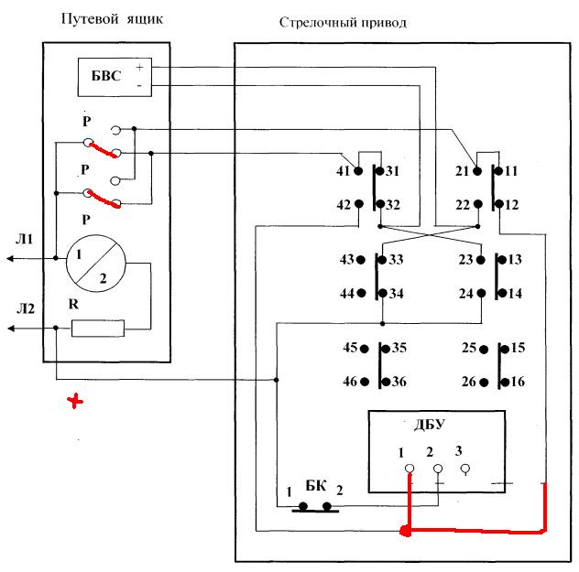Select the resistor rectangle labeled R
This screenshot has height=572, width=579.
click(98, 328)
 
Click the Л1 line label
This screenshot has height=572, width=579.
click(25, 240)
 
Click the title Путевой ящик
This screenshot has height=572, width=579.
click(111, 19)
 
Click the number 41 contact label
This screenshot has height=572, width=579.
click(344, 171)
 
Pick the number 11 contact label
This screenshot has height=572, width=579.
click(511, 171)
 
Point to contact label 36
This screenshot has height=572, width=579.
click(399, 381)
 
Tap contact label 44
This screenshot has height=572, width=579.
click(348, 293)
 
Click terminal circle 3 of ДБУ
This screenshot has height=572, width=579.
click(465, 469)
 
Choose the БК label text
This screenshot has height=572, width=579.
click(315, 484)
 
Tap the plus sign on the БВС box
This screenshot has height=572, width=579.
click(138, 67)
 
